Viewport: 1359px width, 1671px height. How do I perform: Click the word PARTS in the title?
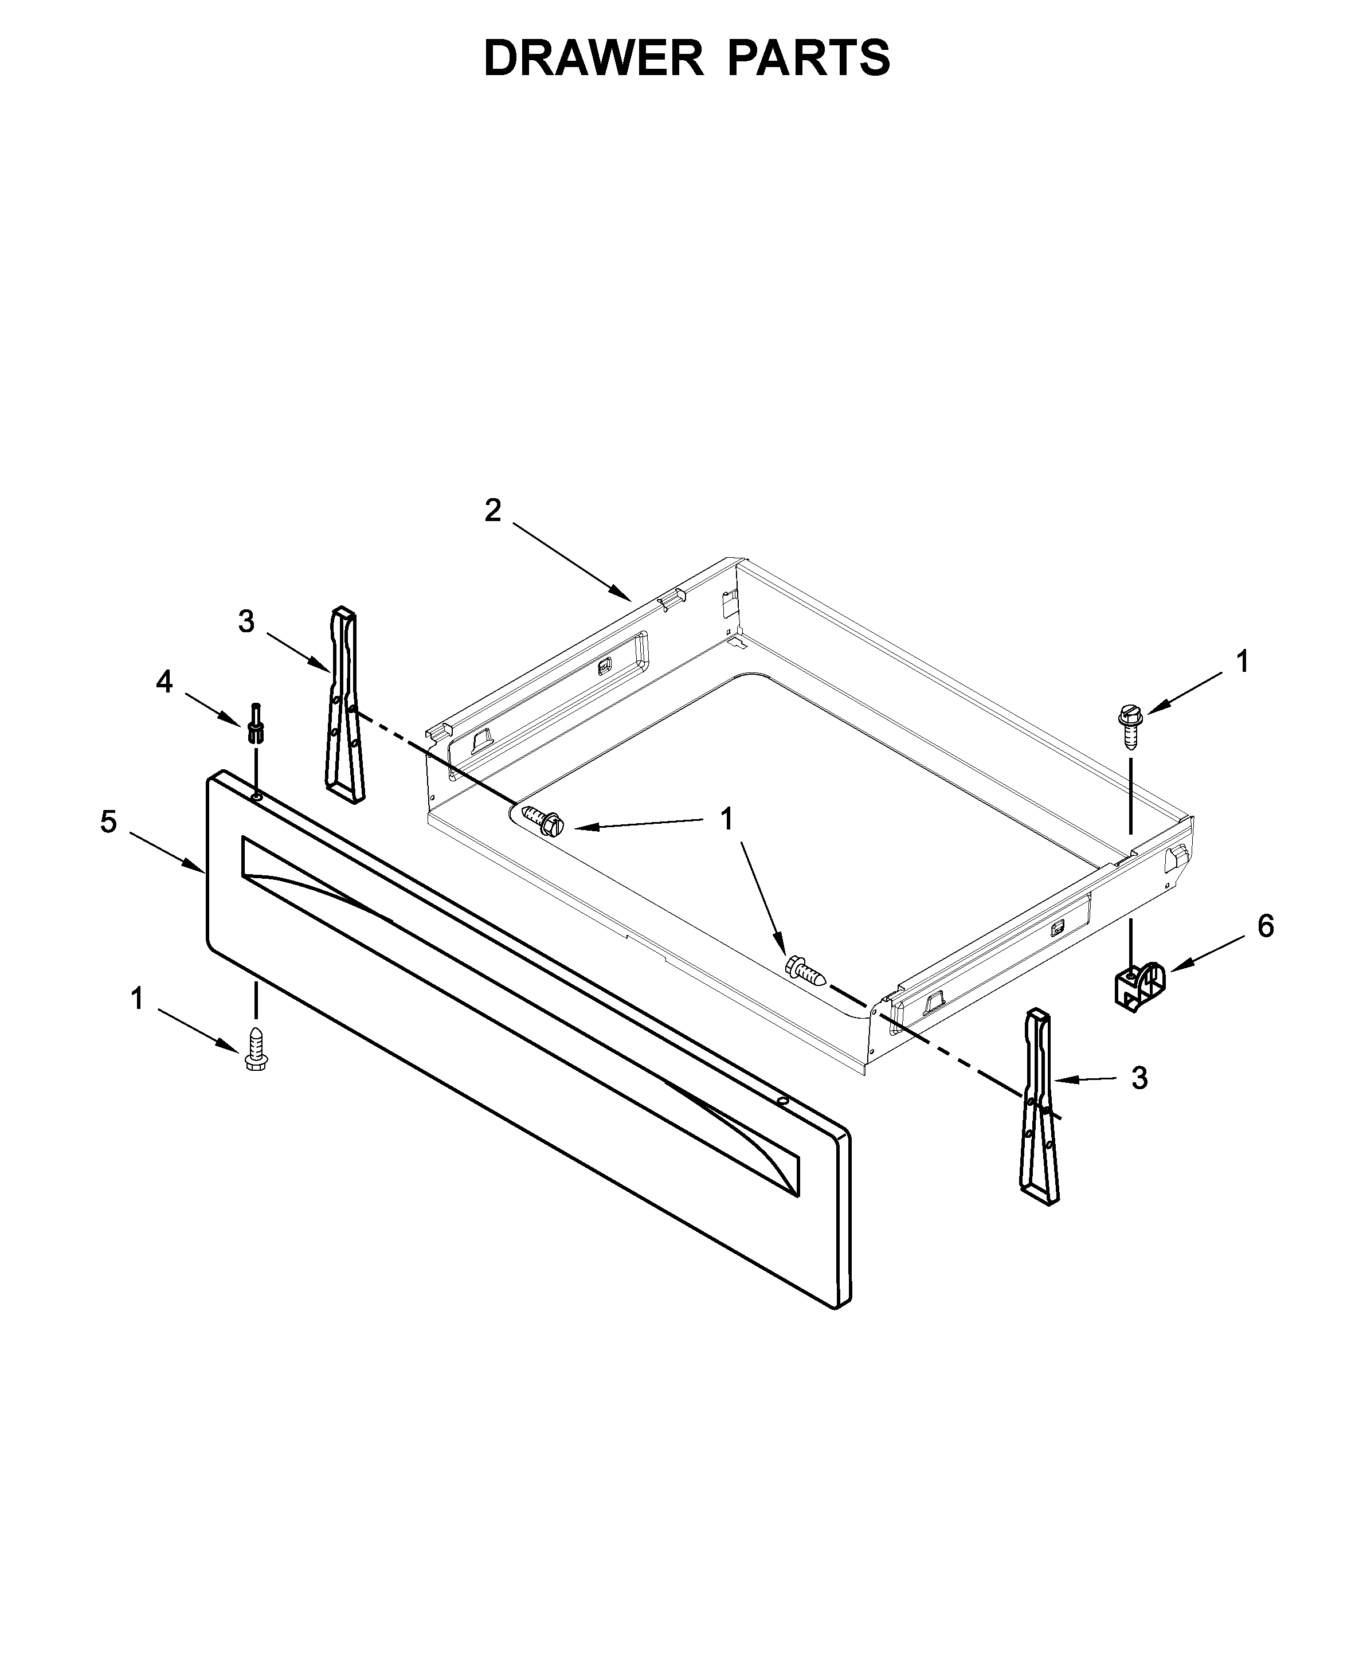coord(809,58)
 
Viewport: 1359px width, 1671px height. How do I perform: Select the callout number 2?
coord(492,511)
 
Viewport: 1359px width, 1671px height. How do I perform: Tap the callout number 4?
coord(163,682)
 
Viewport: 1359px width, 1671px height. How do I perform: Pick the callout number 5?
coord(109,822)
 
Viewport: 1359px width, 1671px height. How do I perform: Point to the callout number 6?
coord(1266,926)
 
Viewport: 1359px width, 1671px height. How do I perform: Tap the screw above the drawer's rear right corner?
coord(1130,725)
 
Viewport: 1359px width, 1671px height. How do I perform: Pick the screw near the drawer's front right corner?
coord(804,972)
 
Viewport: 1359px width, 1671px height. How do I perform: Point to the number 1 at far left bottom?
coord(137,999)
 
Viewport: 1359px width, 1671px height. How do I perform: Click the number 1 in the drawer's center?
coord(726,819)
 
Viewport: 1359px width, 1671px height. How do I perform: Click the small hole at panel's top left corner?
coord(256,796)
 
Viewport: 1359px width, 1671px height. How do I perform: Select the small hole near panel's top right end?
coord(781,1100)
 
